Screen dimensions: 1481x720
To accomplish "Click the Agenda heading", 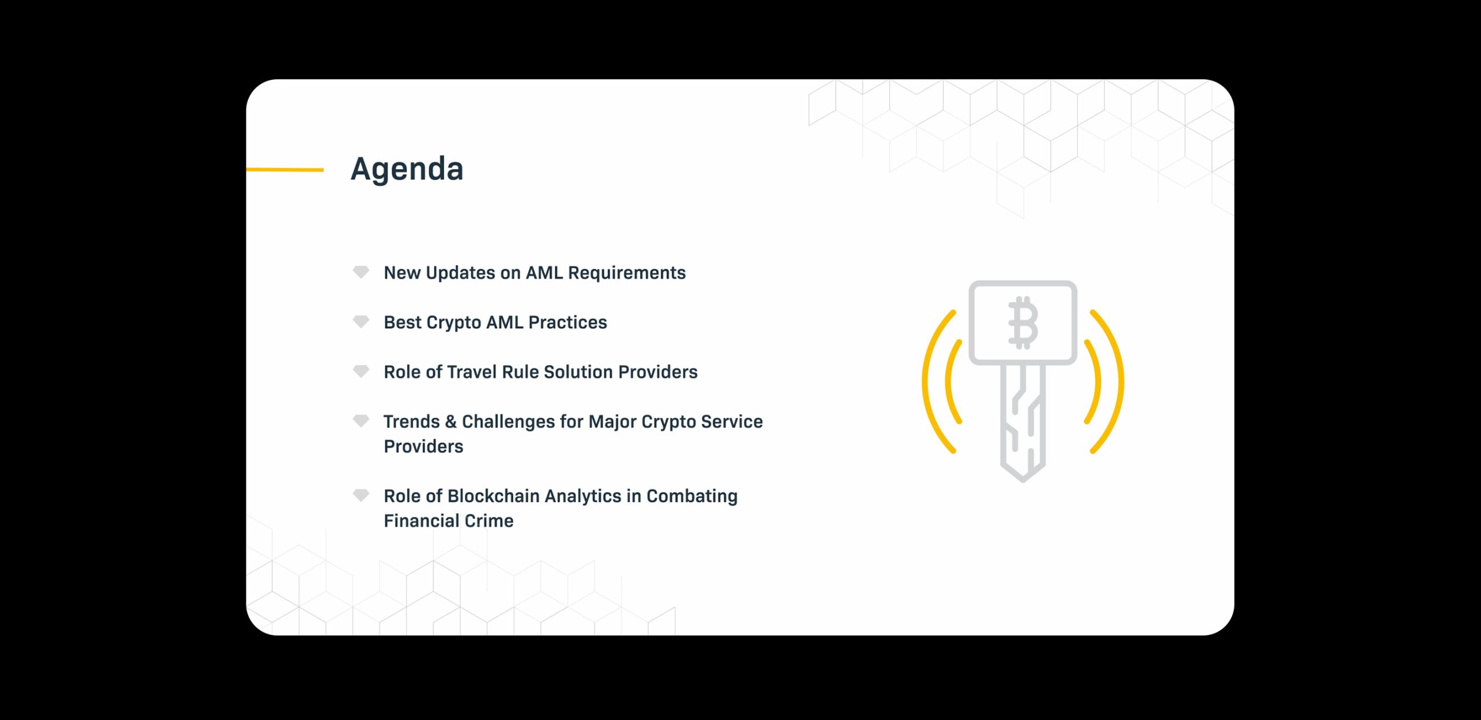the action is (x=407, y=170).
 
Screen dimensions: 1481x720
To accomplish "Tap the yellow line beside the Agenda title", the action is (x=285, y=170).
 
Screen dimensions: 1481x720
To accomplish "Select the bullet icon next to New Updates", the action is (x=361, y=272).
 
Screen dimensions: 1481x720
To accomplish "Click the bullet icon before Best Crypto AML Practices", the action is (x=361, y=322).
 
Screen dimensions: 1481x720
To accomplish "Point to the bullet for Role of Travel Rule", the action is (x=361, y=371).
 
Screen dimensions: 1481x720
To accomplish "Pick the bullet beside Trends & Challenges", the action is (x=361, y=421).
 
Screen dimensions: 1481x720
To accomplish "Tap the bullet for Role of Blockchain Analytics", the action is (x=361, y=495).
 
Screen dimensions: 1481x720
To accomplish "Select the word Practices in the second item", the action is (x=568, y=322).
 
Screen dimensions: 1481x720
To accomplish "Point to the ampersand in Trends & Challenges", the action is (x=451, y=421).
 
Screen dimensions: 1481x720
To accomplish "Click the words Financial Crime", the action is (x=448, y=521).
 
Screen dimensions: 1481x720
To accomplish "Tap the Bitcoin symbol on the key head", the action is (x=1023, y=323).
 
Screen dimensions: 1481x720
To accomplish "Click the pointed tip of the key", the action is (x=1022, y=480).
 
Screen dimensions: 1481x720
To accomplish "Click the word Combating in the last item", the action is (x=692, y=497).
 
